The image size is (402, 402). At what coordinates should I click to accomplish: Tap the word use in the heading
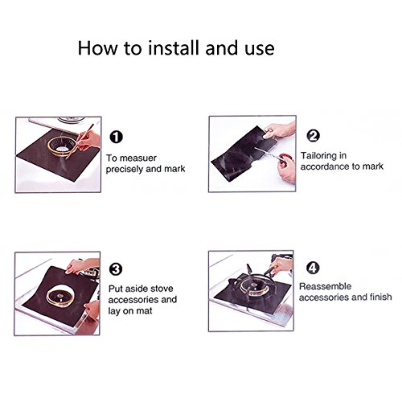click(260, 50)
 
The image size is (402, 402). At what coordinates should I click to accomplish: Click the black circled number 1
click(117, 137)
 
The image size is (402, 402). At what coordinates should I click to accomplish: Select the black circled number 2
click(313, 136)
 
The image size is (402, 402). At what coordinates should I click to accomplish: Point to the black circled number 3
click(116, 269)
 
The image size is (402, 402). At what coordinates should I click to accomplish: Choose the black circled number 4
click(313, 268)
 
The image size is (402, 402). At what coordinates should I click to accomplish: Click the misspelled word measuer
click(138, 158)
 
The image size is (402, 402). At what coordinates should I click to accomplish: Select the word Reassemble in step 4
click(325, 286)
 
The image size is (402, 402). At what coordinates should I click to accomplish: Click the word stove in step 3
click(162, 289)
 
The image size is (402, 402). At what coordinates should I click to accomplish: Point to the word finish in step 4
click(381, 297)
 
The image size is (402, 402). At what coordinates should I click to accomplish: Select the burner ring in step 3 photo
click(60, 296)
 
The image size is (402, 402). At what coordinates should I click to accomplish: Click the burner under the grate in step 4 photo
click(252, 285)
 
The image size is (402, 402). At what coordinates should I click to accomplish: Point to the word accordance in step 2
click(324, 166)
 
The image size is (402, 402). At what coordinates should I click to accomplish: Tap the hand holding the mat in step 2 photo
click(279, 130)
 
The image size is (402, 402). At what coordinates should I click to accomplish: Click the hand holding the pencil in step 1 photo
click(88, 141)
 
